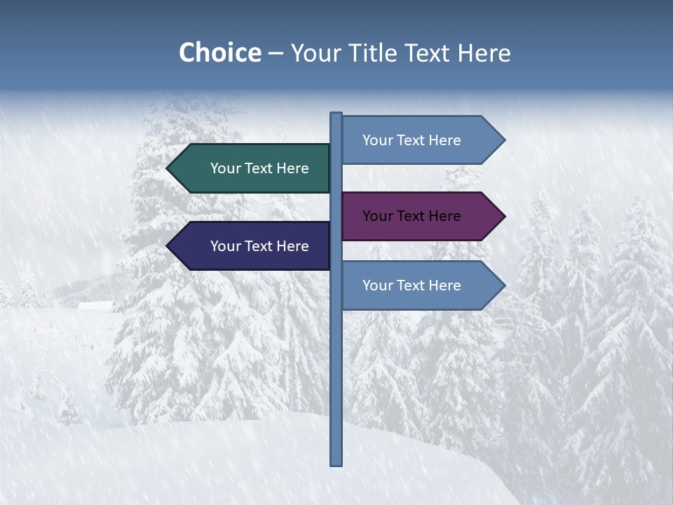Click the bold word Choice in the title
pyautogui.click(x=220, y=53)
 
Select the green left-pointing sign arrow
pyautogui.click(x=252, y=168)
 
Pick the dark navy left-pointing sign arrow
pyautogui.click(x=252, y=245)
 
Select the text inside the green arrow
pyautogui.click(x=259, y=168)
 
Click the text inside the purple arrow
pyautogui.click(x=412, y=216)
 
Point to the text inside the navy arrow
pyautogui.click(x=259, y=246)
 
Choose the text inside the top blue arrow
pyautogui.click(x=412, y=140)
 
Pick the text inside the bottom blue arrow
pyautogui.click(x=412, y=285)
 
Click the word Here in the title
pyautogui.click(x=484, y=53)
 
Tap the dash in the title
pyautogui.click(x=276, y=53)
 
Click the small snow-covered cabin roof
pyautogui.click(x=95, y=305)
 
